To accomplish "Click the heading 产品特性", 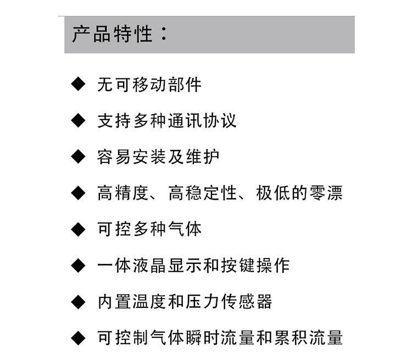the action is (112, 34).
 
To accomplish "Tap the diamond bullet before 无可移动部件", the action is (79, 84).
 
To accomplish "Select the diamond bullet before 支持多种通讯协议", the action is (79, 121).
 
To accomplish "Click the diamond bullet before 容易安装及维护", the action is (79, 156).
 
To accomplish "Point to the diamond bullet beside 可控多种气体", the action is (79, 229).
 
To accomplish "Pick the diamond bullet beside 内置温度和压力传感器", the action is (79, 301).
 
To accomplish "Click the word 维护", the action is (202, 157).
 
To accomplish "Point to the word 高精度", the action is (123, 193).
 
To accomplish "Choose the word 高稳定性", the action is (202, 193).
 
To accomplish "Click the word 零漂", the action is (326, 193).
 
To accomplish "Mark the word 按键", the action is (237, 266).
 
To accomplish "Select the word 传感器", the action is (246, 301).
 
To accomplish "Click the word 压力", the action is (202, 301).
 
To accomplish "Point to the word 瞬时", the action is (202, 337).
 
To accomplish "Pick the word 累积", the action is (291, 337).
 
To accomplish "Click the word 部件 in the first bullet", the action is (185, 85).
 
